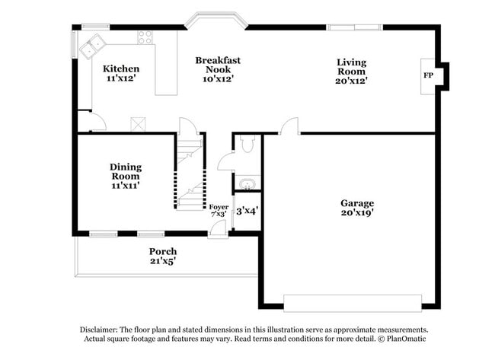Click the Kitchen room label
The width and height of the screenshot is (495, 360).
point(121,68)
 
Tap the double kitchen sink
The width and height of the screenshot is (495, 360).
point(95,46)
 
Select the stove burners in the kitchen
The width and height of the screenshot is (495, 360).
point(144,38)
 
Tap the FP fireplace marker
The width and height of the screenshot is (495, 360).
point(428,76)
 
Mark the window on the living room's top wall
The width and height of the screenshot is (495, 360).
point(354,28)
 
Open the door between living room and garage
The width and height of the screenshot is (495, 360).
point(289,127)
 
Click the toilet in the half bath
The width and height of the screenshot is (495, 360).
point(247,144)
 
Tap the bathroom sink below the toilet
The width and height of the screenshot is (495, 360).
point(247,183)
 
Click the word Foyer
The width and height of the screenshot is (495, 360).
point(219,206)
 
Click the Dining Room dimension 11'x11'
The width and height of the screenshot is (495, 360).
point(125,185)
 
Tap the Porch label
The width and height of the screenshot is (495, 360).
point(162,251)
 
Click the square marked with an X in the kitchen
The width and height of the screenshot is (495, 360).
point(138,123)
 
